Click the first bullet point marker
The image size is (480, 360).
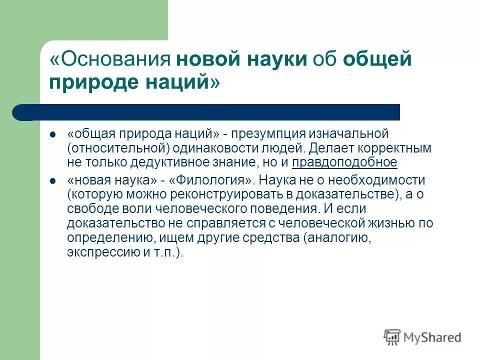tap(52, 134)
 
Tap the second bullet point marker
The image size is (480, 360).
tap(52, 180)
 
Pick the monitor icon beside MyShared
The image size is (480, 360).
tap(392, 337)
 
